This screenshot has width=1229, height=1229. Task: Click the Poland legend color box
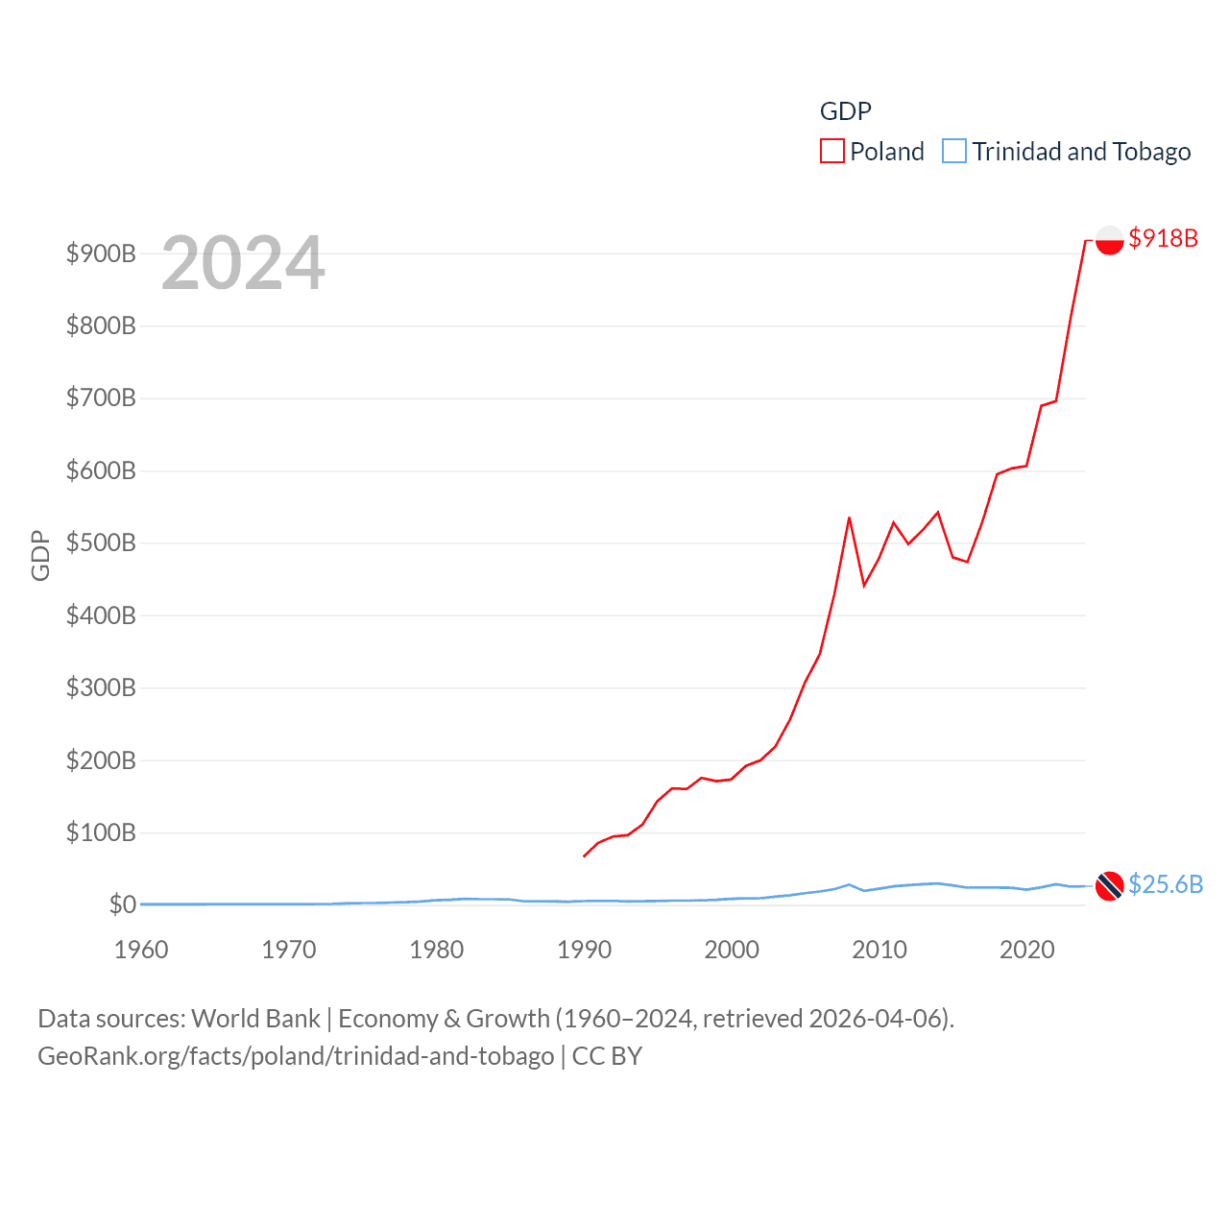tap(832, 152)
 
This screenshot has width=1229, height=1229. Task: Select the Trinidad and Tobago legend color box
tap(954, 152)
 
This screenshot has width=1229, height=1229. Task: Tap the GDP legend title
tap(845, 111)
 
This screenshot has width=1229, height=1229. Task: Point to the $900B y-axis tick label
tap(101, 253)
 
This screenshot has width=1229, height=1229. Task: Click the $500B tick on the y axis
tap(101, 542)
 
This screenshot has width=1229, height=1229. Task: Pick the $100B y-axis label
tap(101, 832)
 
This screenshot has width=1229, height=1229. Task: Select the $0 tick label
tap(122, 904)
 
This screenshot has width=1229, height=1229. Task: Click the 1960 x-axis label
tap(141, 950)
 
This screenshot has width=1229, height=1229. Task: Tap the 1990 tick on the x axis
tap(584, 950)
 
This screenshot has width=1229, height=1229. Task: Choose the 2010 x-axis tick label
tap(880, 950)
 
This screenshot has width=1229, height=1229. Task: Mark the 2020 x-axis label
tap(1027, 950)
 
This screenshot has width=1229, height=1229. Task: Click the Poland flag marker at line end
tap(1109, 240)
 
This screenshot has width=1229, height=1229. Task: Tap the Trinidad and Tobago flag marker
tap(1109, 885)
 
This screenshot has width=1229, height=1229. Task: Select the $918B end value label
tap(1163, 238)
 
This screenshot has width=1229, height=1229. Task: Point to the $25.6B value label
tap(1165, 884)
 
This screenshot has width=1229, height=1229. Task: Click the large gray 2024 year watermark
tap(243, 263)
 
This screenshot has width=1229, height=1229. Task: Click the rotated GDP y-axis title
tap(40, 555)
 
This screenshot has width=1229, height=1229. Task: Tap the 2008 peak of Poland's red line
tap(849, 518)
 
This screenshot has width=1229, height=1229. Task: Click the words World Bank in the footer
tap(255, 1018)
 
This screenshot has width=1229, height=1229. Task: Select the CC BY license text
tap(607, 1056)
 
